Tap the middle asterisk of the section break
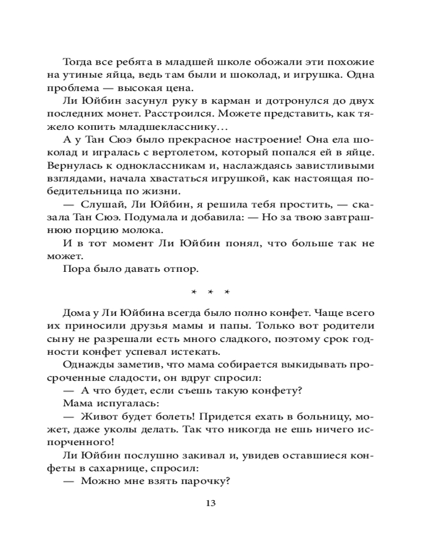[x=211, y=292]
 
